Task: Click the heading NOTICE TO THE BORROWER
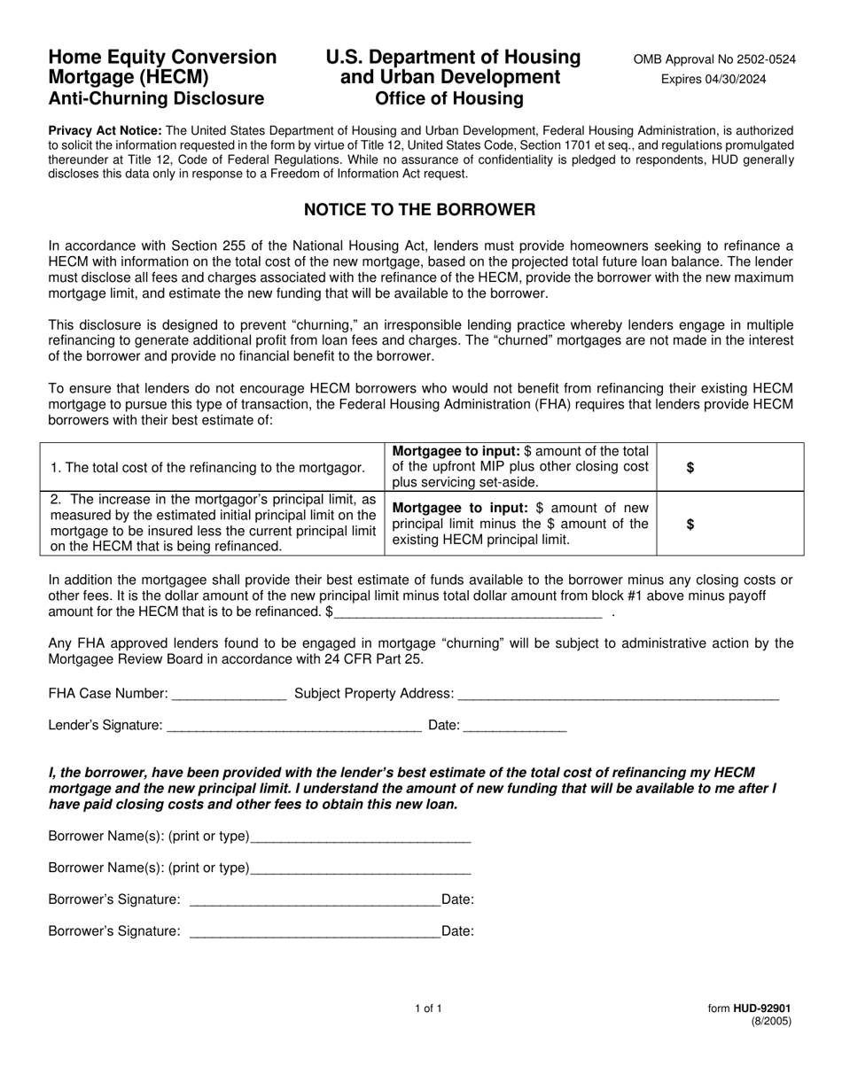[419, 210]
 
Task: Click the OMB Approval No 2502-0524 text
[713, 59]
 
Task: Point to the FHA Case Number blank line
[230, 694]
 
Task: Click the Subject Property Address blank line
[618, 694]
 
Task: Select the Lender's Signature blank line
[293, 726]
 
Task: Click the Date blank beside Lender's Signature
[514, 726]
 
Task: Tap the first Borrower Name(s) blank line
[360, 837]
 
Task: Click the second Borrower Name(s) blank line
[360, 868]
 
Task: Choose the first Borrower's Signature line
[315, 900]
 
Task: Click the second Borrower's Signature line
[315, 931]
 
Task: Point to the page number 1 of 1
[427, 1008]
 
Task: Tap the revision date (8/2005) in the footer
[771, 1021]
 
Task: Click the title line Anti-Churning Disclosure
[156, 98]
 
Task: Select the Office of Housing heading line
[449, 98]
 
